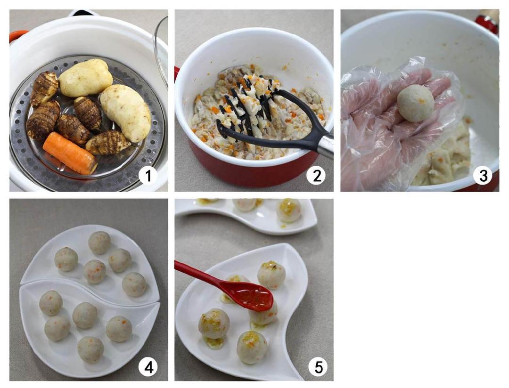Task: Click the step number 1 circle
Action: (x=148, y=176)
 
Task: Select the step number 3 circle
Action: (x=483, y=176)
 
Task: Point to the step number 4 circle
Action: (x=148, y=367)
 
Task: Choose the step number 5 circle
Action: (x=319, y=367)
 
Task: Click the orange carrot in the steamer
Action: (x=69, y=153)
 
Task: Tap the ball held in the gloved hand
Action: (x=416, y=103)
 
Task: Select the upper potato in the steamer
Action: (x=85, y=78)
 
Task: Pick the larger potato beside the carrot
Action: (x=126, y=113)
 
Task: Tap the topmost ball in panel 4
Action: (x=99, y=242)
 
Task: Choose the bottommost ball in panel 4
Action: (x=90, y=350)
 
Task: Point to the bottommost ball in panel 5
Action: (x=252, y=347)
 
